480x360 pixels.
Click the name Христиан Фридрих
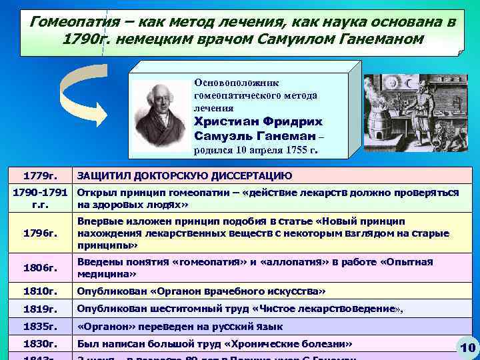[x=258, y=122]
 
